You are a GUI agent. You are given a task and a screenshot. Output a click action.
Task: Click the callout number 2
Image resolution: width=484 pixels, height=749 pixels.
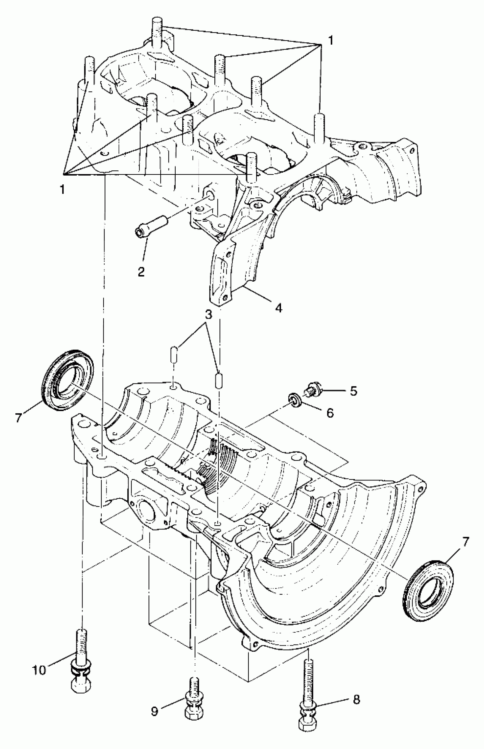pyautogui.click(x=141, y=272)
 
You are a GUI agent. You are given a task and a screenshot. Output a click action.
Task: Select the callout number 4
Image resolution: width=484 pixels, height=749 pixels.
pyautogui.click(x=278, y=308)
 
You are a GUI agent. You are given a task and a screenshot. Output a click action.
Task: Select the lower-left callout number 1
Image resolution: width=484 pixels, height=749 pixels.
pyautogui.click(x=63, y=190)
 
